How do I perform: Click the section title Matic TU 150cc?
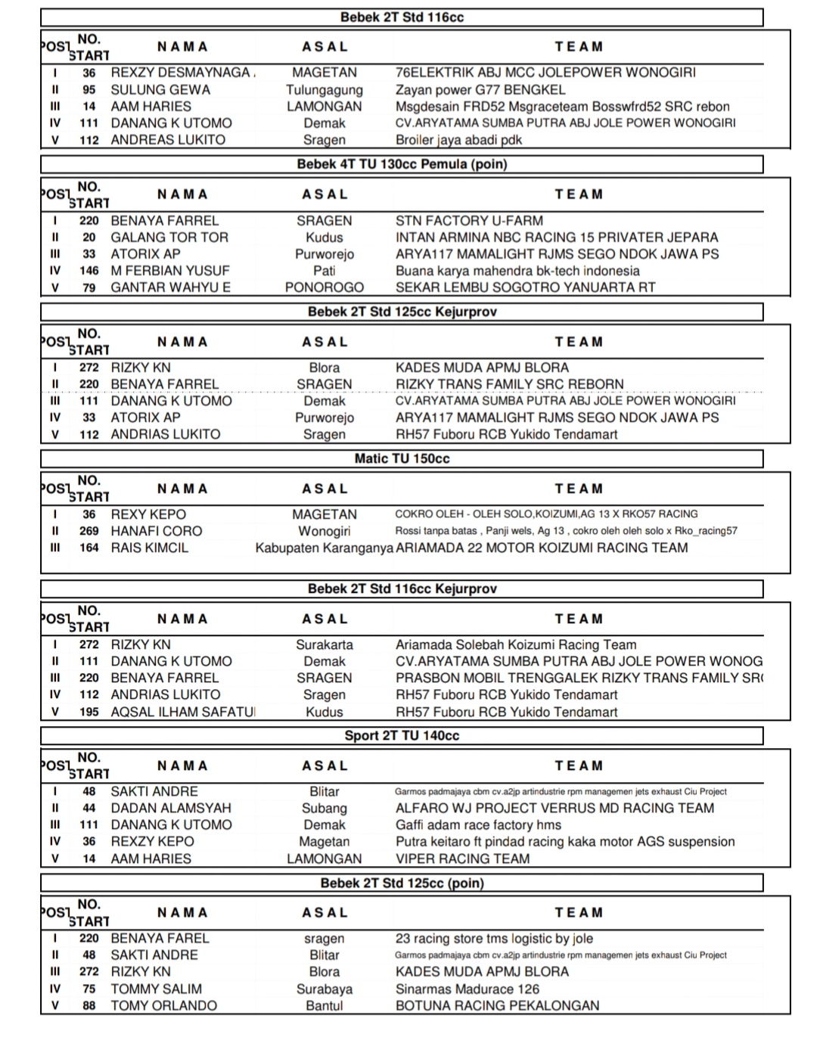pyautogui.click(x=402, y=458)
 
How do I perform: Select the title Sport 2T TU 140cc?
pyautogui.click(x=402, y=735)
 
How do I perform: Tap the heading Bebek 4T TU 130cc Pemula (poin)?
pyautogui.click(x=402, y=164)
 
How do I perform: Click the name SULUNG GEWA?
pyautogui.click(x=160, y=89)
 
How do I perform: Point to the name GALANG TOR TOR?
pyautogui.click(x=169, y=237)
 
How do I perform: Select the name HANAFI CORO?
pyautogui.click(x=157, y=531)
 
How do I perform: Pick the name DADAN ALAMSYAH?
pyautogui.click(x=171, y=808)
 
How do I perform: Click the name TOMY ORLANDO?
pyautogui.click(x=163, y=1005)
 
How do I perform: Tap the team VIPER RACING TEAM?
pyautogui.click(x=462, y=858)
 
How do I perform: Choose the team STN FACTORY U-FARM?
pyautogui.click(x=469, y=221)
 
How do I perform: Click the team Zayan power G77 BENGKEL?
pyautogui.click(x=480, y=89)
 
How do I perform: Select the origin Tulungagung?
pyautogui.click(x=325, y=89)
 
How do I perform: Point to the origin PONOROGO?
pyautogui.click(x=325, y=287)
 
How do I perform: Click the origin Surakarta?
pyautogui.click(x=325, y=645)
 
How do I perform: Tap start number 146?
pyautogui.click(x=89, y=271)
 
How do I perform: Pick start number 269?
pyautogui.click(x=89, y=531)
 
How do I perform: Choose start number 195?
pyautogui.click(x=89, y=712)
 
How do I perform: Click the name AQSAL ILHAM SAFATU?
pyautogui.click(x=183, y=712)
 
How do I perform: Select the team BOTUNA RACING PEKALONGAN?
pyautogui.click(x=497, y=1005)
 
